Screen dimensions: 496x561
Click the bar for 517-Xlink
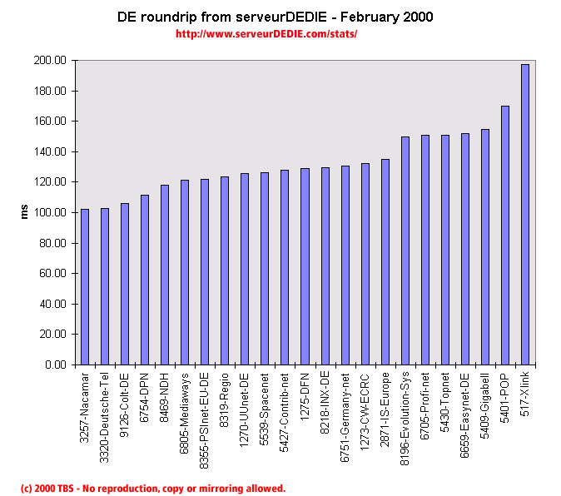pos(524,215)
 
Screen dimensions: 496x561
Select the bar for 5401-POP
pos(504,236)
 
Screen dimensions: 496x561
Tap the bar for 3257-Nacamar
pos(84,287)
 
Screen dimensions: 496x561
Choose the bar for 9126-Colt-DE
pos(124,284)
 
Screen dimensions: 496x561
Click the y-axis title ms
pos(25,212)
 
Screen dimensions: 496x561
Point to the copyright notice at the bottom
pos(153,488)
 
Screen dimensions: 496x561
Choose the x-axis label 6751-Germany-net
pos(345,414)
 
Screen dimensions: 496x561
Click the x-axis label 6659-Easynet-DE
pos(464,411)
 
